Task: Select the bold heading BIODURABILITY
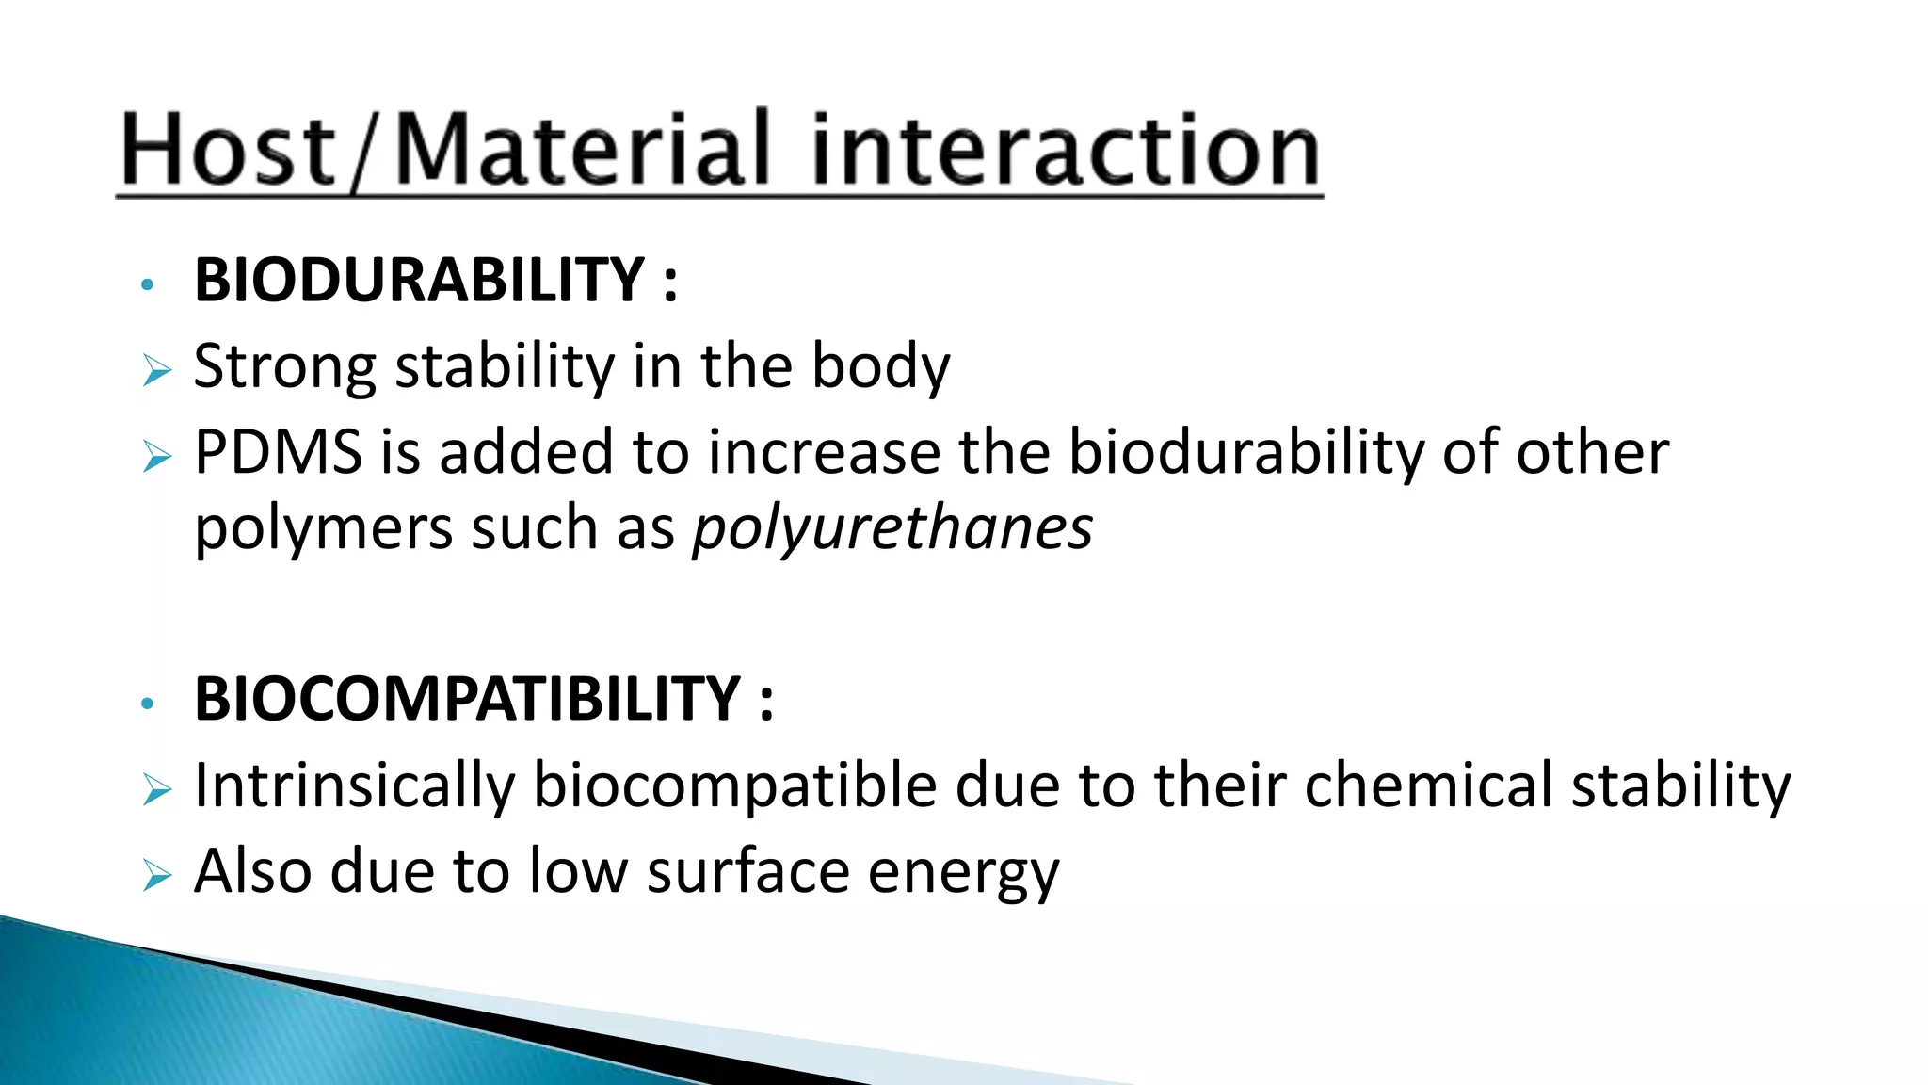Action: pos(419,281)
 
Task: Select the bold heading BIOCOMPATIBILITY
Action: pos(467,700)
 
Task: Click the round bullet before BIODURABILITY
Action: pos(146,283)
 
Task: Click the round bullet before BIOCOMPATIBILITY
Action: pos(146,703)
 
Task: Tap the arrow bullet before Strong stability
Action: pos(156,371)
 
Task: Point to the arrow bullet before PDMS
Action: pos(156,458)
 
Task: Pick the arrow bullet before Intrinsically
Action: pos(156,790)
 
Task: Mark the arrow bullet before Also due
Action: pos(156,876)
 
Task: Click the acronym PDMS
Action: pos(279,453)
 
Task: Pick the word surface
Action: pos(747,871)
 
